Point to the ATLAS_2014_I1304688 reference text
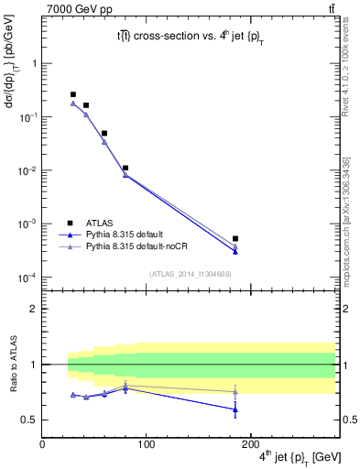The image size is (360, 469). pos(189,274)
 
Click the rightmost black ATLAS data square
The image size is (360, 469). pos(235,239)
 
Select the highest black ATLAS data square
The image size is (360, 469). pos(73,94)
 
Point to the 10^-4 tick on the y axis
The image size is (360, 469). pos(28,278)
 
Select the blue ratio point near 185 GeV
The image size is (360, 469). pos(235,409)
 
